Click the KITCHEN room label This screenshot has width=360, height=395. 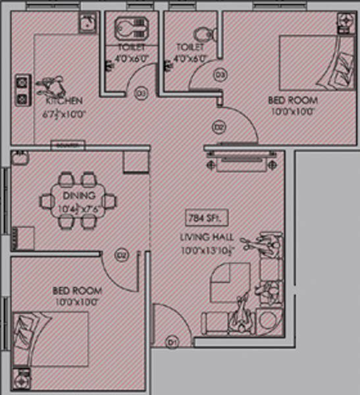click(64, 101)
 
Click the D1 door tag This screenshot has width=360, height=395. click(172, 342)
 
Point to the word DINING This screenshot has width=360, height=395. click(79, 196)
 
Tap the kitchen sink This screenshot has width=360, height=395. click(86, 24)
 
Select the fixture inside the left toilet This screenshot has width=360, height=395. click(130, 30)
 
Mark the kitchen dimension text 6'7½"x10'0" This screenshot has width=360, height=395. click(64, 113)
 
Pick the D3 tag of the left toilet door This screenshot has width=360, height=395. click(140, 93)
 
